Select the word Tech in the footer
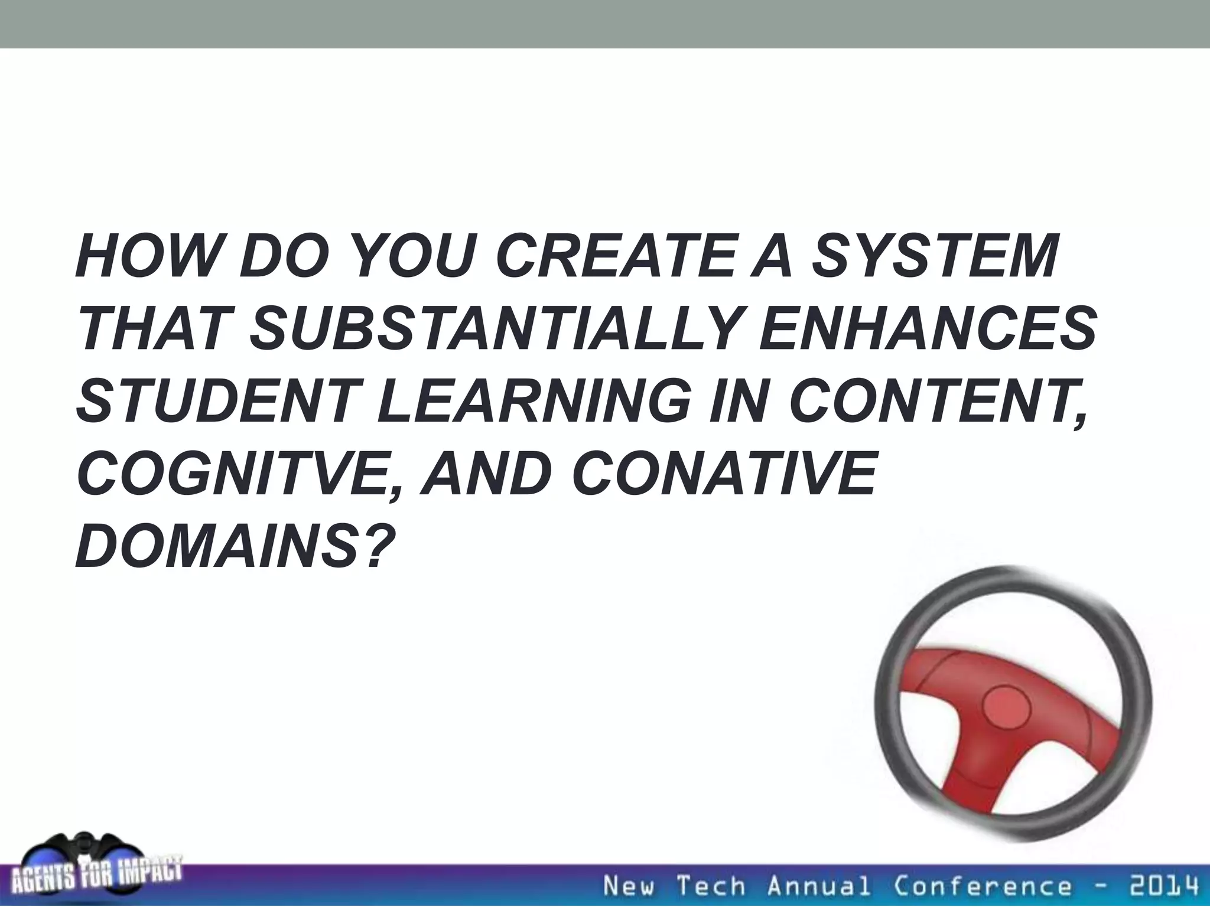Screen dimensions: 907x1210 tap(711, 886)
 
